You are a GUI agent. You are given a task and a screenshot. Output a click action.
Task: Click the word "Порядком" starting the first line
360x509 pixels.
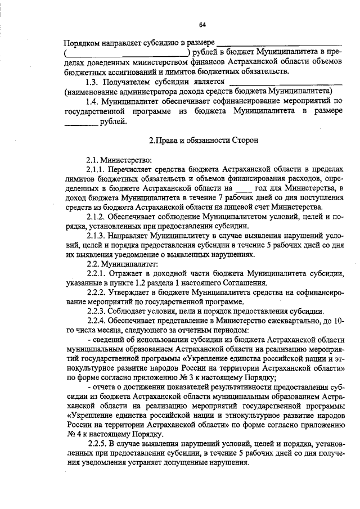pos(83,42)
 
